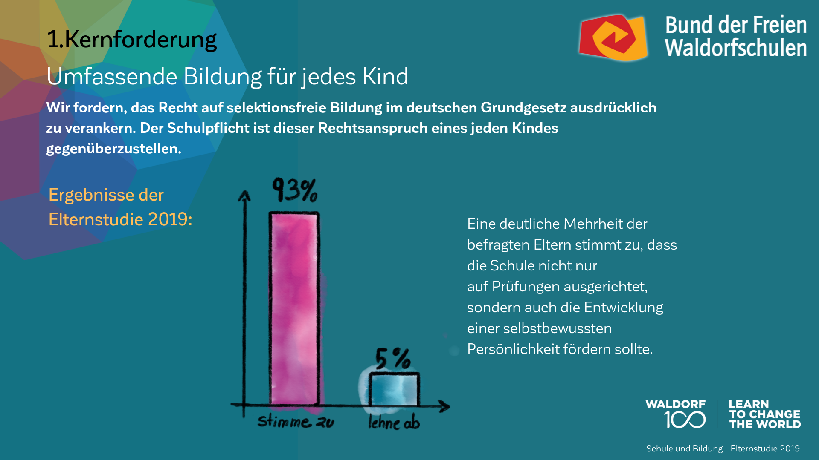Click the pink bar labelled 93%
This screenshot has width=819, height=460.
(294, 309)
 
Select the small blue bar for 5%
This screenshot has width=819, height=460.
(394, 389)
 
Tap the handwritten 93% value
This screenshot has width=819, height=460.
(295, 190)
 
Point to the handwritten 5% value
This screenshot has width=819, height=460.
(392, 358)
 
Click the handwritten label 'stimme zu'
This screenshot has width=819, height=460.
(296, 421)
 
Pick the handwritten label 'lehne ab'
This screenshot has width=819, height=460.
(394, 423)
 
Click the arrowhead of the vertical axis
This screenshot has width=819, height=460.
(244, 195)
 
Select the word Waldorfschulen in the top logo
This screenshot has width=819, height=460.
(735, 48)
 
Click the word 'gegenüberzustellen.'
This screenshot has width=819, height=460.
(113, 149)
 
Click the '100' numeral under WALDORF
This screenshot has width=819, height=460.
(685, 420)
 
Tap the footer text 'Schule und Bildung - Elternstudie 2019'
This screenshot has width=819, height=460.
(723, 448)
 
